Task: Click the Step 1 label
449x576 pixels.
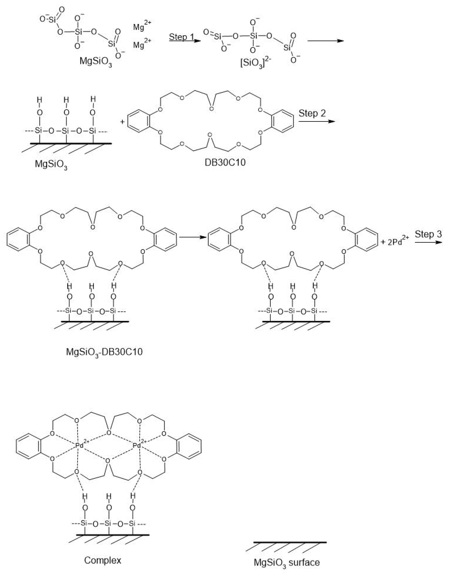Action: [181, 37]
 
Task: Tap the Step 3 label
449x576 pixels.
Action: [428, 234]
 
